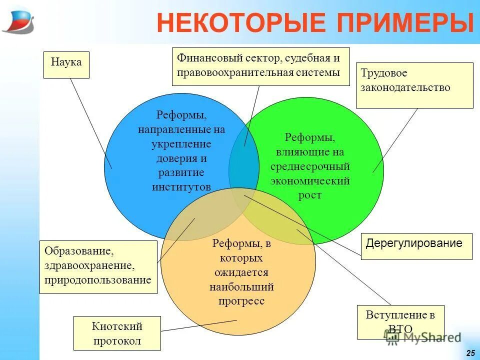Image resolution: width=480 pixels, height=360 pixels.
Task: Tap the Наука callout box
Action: [x=66, y=64]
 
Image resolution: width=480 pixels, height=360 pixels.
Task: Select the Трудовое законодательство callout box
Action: [x=414, y=85]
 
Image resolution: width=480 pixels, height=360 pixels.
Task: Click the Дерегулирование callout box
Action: [x=416, y=246]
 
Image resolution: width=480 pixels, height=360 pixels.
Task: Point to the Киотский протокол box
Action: [x=117, y=333]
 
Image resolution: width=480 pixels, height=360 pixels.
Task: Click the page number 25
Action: [x=470, y=353]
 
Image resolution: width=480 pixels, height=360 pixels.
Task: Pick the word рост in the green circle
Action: [x=310, y=195]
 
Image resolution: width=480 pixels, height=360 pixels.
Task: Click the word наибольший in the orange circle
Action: [x=241, y=287]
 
